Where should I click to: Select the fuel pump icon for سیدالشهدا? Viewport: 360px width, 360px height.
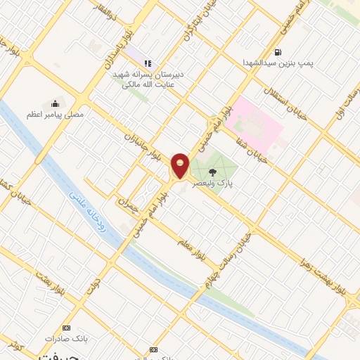(x=279, y=52)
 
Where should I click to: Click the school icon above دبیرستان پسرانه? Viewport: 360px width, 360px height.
(x=148, y=63)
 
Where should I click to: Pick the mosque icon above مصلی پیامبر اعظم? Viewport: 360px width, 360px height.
(x=56, y=102)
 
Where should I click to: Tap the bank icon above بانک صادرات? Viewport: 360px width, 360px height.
(x=67, y=328)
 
